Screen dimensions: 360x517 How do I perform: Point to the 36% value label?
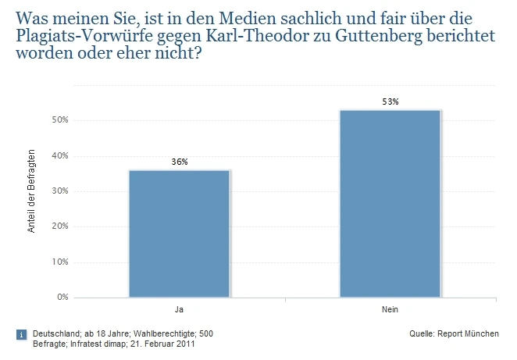point(180,162)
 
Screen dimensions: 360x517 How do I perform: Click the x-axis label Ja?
point(180,310)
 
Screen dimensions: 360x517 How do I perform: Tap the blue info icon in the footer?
point(21,334)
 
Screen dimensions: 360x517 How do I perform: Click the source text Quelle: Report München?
point(454,334)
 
